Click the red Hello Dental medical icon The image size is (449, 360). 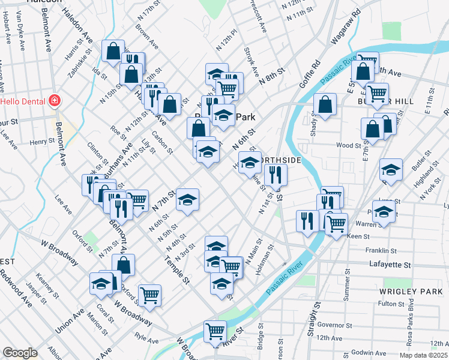[x=55, y=100]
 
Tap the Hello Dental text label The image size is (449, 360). [x=25, y=101]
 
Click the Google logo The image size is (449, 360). [x=20, y=353]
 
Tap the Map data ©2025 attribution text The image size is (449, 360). [x=424, y=355]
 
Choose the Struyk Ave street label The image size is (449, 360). [x=251, y=62]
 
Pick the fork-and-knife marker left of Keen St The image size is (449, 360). [x=306, y=220]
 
